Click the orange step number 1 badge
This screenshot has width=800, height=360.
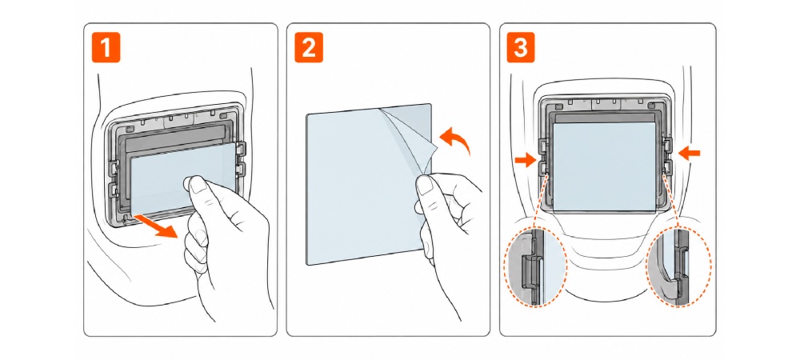click(x=106, y=48)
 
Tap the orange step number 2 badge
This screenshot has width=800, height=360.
click(x=309, y=48)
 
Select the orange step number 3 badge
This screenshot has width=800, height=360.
click(x=521, y=48)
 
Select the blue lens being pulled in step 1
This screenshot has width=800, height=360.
click(x=184, y=181)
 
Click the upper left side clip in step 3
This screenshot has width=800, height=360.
click(x=543, y=145)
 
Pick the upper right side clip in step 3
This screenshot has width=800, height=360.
click(x=666, y=145)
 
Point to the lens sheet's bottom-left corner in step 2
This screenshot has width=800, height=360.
click(x=306, y=265)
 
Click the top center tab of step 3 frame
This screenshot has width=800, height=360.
click(x=603, y=104)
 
